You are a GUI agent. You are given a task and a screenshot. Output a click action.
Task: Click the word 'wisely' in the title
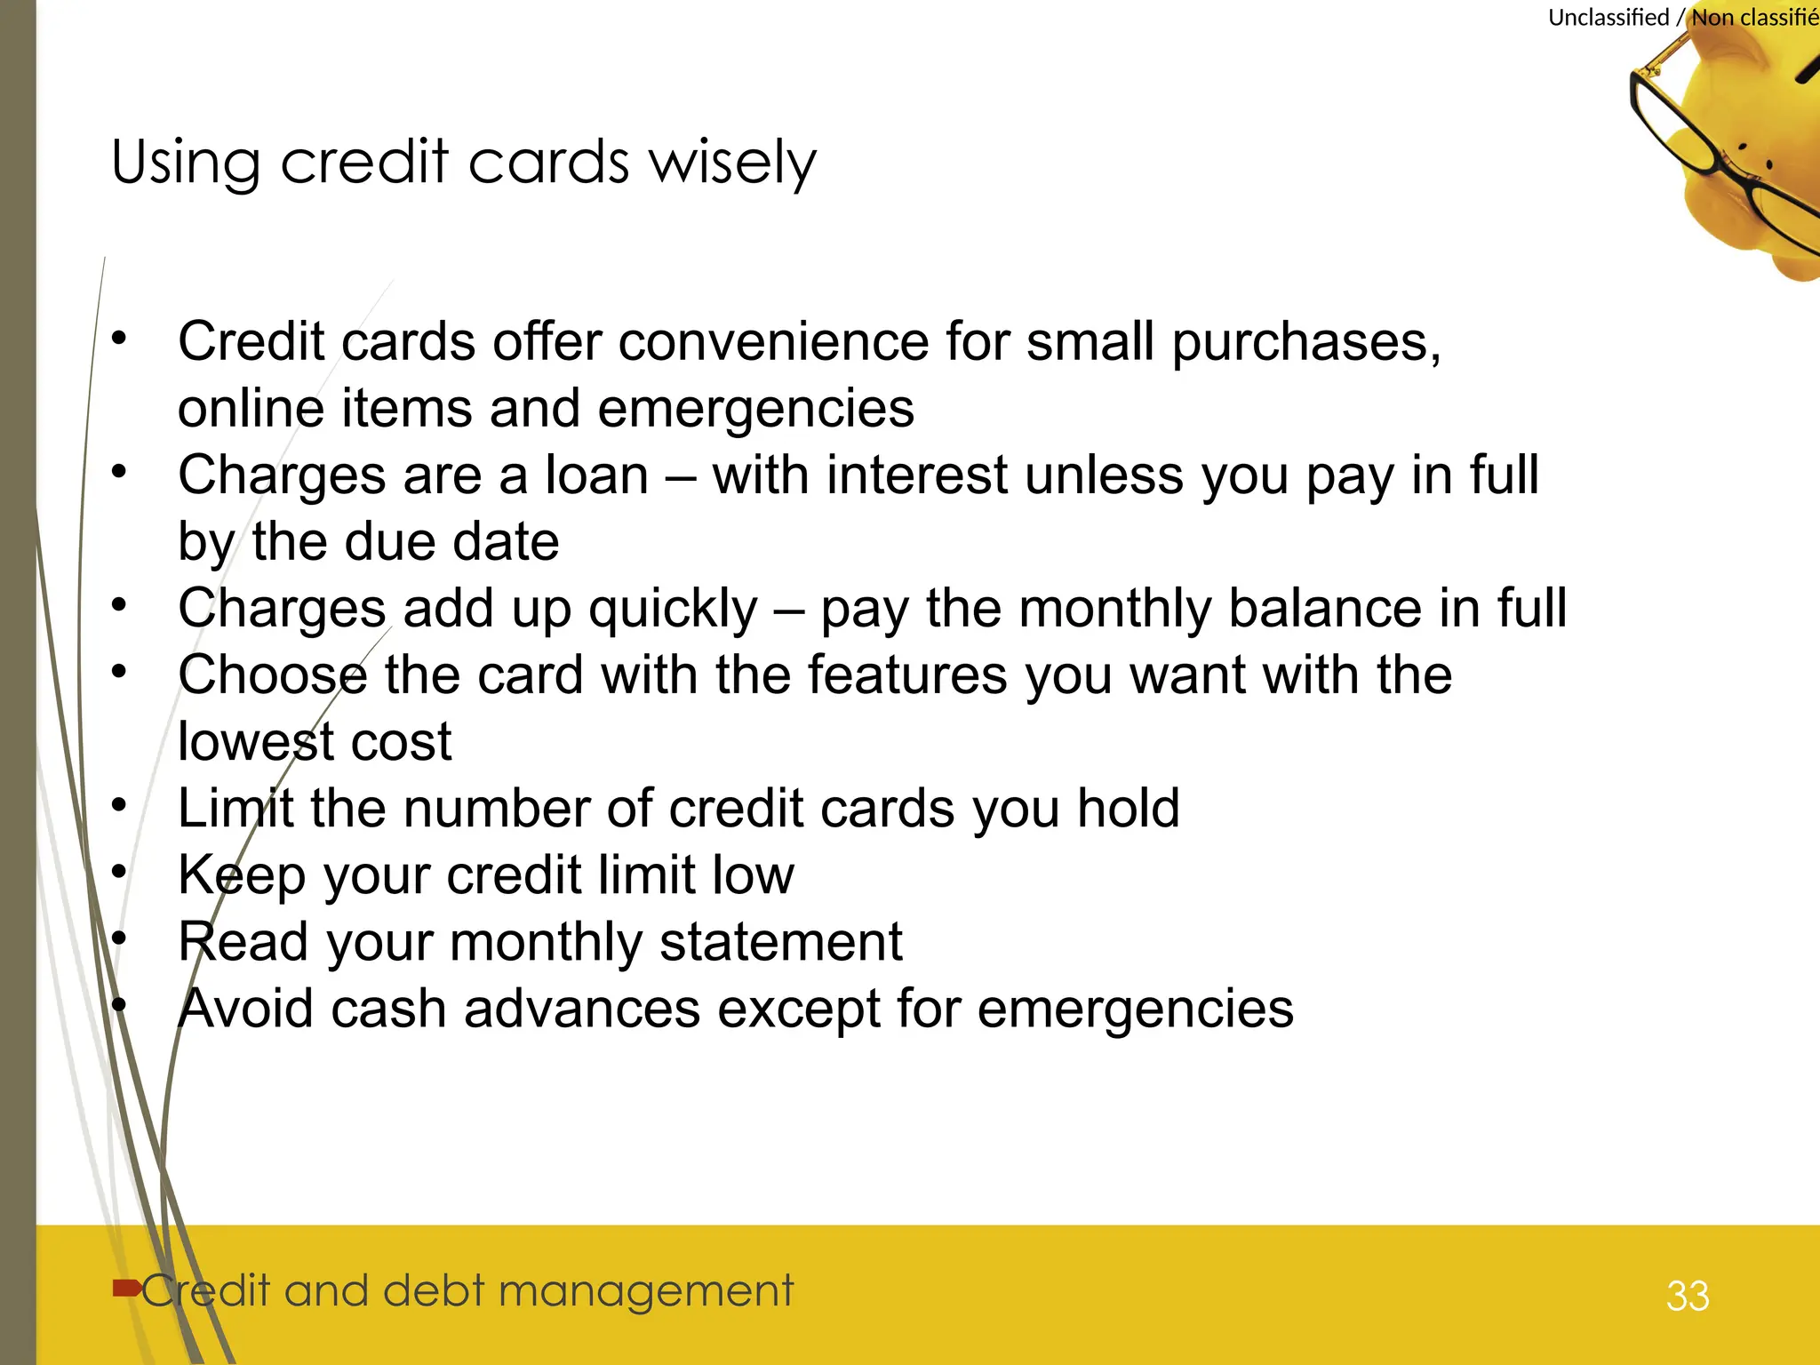[x=732, y=163]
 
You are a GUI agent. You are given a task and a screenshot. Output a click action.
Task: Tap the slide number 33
[x=1688, y=1296]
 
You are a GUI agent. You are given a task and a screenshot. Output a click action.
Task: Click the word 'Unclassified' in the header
[x=1608, y=18]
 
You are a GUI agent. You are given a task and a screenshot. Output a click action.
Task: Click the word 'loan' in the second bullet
[x=596, y=475]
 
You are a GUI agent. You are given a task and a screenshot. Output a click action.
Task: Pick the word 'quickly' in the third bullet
[x=673, y=610]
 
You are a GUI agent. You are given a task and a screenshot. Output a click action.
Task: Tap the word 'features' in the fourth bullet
[x=906, y=675]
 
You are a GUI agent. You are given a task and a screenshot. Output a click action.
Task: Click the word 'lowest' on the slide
[x=257, y=741]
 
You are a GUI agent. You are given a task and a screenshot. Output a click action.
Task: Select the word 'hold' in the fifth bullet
[x=1128, y=808]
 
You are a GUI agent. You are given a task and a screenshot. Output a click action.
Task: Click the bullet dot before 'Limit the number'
[x=119, y=805]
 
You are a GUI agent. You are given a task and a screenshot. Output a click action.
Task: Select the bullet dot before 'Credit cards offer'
[x=119, y=338]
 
